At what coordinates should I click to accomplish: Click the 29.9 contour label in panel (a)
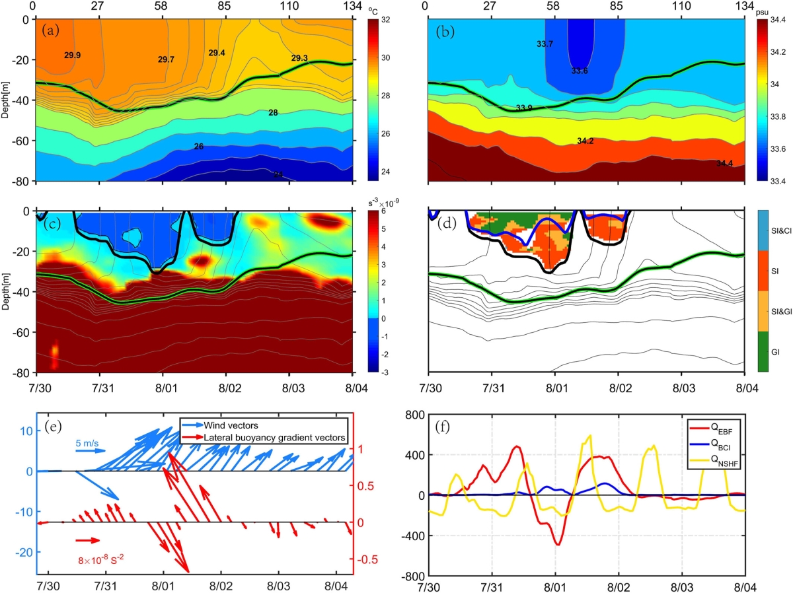(x=73, y=55)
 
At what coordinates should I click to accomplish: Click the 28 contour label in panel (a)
(x=273, y=113)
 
